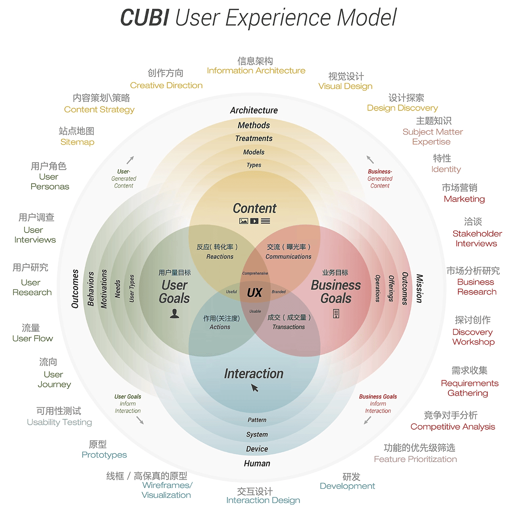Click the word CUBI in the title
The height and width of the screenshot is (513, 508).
(144, 18)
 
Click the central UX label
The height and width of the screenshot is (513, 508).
(254, 293)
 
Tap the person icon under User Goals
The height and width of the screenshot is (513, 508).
(175, 314)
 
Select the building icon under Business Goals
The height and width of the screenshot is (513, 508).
(336, 314)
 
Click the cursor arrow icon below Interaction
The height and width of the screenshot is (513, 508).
(255, 388)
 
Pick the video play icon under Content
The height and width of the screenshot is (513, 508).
(254, 221)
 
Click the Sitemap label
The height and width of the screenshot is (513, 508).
(77, 142)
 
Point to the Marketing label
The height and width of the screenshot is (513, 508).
(464, 199)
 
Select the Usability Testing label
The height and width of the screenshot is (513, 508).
(60, 422)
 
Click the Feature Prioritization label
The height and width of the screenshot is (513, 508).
(415, 459)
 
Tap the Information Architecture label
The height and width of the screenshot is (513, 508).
(256, 71)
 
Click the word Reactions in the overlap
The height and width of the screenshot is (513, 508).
(220, 257)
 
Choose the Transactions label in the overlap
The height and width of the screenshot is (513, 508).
(289, 327)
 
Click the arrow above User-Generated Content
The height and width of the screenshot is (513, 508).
(130, 160)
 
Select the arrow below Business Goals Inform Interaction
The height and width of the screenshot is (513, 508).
(368, 420)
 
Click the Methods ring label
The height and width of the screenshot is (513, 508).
(254, 125)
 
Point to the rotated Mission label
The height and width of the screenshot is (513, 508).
(419, 288)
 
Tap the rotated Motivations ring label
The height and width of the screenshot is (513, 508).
(104, 289)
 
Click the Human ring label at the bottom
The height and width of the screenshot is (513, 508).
(257, 463)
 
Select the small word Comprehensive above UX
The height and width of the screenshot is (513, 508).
(255, 273)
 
